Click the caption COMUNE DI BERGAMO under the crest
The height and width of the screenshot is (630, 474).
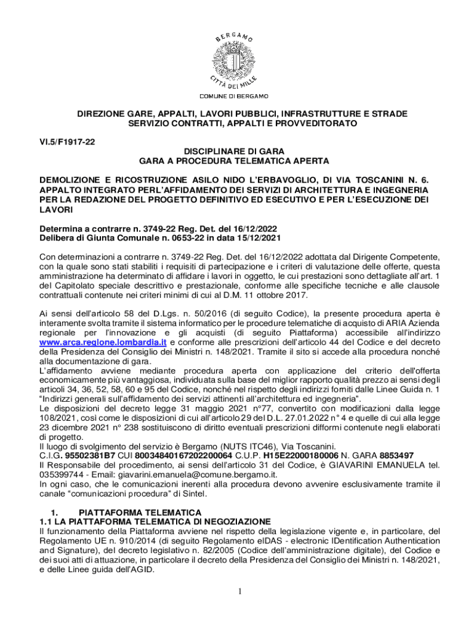[233, 97]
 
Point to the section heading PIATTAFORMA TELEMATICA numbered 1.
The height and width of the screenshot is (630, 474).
[140, 512]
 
